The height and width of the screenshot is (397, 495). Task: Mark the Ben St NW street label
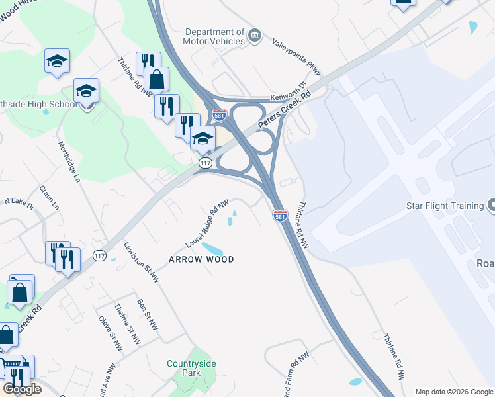click(148, 314)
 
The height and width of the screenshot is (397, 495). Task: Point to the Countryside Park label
click(193, 369)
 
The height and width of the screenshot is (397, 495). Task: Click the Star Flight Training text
click(444, 206)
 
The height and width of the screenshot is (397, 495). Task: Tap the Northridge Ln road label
click(68, 161)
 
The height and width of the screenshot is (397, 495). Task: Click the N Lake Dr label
click(19, 202)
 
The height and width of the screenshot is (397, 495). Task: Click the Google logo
click(22, 389)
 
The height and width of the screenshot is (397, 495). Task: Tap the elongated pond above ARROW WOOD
click(212, 249)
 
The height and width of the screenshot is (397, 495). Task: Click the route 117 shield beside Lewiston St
click(100, 255)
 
